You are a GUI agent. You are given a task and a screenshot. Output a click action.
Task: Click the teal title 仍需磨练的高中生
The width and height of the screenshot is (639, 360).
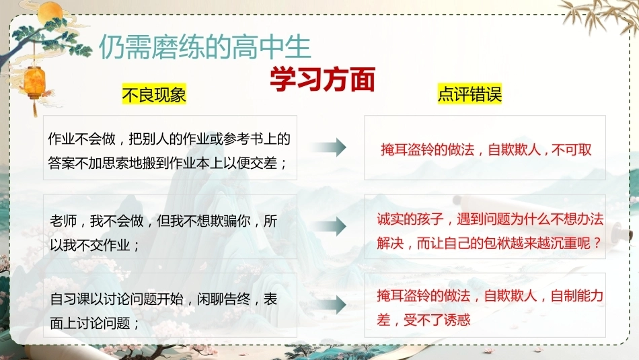point(205,46)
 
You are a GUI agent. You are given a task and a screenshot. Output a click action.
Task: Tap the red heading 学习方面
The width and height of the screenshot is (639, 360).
point(322,79)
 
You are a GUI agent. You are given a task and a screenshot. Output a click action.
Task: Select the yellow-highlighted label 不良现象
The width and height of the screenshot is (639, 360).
point(154,95)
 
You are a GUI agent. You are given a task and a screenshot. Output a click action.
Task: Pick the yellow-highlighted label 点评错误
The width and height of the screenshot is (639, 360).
point(469,94)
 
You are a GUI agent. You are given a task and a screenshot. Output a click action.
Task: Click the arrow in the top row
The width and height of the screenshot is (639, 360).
point(330,147)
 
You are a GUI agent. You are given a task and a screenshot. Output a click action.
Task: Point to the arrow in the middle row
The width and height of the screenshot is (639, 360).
point(330,226)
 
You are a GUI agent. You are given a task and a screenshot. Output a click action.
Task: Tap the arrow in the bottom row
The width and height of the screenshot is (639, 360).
point(330,305)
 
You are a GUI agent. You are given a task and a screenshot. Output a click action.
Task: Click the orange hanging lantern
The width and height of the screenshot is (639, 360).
point(35,83)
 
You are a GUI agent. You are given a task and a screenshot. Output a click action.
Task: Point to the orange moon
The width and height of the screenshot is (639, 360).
point(50,12)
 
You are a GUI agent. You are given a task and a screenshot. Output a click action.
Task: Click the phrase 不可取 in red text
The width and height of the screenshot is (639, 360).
point(571,149)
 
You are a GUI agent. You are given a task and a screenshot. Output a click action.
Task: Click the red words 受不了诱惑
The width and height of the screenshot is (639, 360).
point(437,320)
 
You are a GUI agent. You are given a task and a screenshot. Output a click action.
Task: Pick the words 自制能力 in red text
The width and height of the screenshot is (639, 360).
point(576,295)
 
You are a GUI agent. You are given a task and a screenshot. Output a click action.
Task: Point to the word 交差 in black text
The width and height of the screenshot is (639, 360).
point(264,163)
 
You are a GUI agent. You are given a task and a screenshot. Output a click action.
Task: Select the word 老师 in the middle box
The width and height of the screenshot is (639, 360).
point(63,221)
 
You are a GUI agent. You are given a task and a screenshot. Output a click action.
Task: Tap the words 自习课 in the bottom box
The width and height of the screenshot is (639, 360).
point(70,299)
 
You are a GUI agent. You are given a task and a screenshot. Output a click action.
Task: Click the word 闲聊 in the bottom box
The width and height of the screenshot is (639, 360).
point(211,299)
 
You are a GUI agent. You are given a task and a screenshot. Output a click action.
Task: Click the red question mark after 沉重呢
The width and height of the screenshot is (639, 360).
point(597,244)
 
